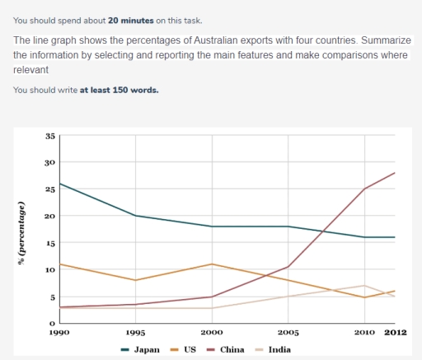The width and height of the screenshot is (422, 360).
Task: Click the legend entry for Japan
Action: [141, 349]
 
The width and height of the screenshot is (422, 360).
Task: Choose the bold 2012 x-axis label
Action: [396, 333]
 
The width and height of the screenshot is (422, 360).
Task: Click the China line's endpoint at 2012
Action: [396, 173]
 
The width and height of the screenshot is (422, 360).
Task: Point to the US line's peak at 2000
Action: [213, 264]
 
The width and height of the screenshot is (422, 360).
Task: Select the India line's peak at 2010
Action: [364, 286]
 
